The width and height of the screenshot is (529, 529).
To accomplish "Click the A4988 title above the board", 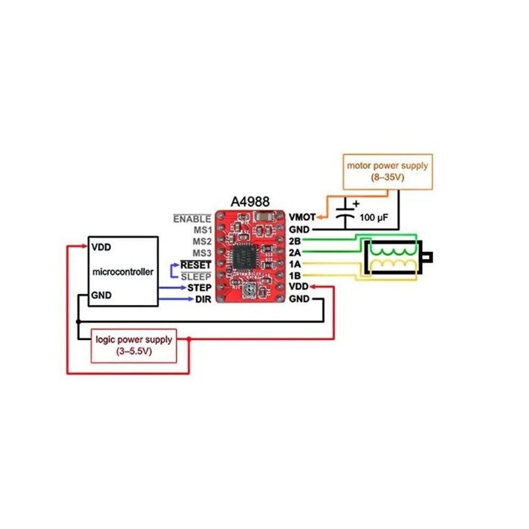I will [x=250, y=201].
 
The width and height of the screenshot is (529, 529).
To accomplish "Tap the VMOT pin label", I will [x=302, y=217].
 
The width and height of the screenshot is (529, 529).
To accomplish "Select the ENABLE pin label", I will [x=192, y=219].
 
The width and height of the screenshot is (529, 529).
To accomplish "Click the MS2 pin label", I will [x=202, y=241].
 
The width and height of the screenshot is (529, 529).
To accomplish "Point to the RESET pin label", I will [x=195, y=265].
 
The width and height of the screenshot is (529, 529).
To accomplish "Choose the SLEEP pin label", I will [x=195, y=277].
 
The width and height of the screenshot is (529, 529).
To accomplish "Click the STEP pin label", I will [x=199, y=288].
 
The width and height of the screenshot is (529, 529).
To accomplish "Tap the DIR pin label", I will [x=203, y=300].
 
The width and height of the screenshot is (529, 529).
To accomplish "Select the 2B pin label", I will [x=295, y=241].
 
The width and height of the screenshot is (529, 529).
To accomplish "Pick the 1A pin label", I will [x=295, y=264].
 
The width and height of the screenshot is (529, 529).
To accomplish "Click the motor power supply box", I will [x=387, y=171].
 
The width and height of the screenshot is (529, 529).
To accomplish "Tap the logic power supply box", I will [x=134, y=345].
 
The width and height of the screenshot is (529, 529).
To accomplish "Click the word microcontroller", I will [x=122, y=272].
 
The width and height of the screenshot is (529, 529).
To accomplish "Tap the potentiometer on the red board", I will [x=250, y=291].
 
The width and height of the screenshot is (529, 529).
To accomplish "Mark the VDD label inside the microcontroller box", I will [x=101, y=247].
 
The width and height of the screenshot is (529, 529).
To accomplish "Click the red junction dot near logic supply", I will [x=189, y=339].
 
